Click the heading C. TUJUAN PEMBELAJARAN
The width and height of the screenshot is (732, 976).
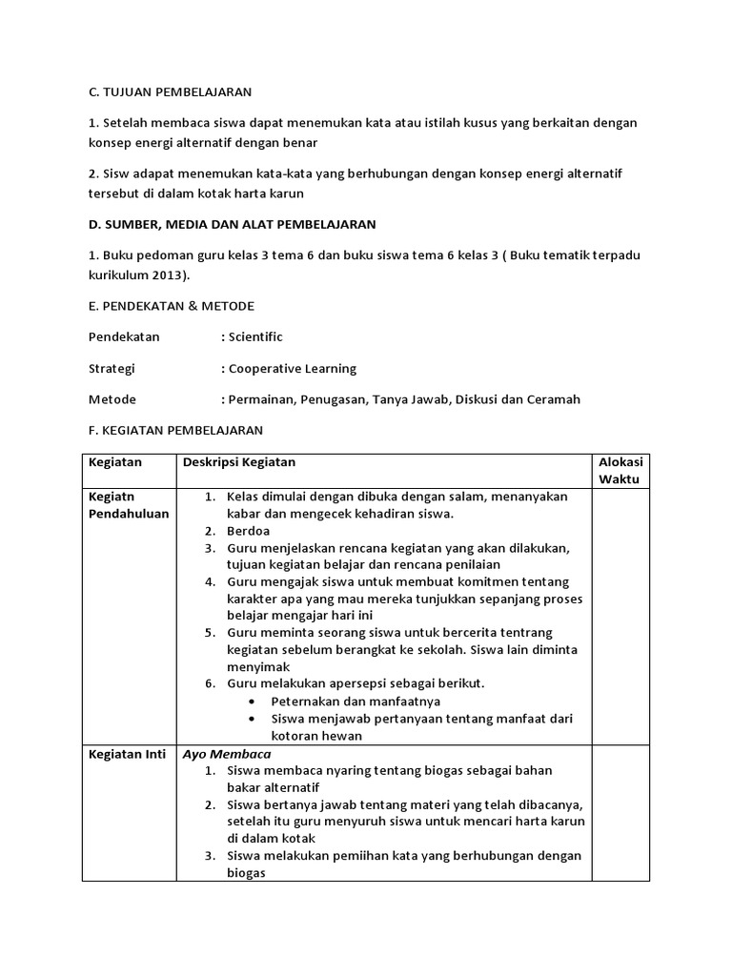(x=170, y=91)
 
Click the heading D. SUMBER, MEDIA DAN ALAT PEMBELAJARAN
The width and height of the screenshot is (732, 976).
(x=232, y=224)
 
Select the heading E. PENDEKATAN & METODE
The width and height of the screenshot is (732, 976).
(x=171, y=306)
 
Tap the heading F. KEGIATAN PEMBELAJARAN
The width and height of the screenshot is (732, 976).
(x=175, y=430)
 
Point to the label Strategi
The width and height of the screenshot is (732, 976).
(x=112, y=368)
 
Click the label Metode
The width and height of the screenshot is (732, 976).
(x=112, y=399)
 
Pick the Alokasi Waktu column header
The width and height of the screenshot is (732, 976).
(x=620, y=471)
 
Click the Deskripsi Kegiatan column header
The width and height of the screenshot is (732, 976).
(x=239, y=462)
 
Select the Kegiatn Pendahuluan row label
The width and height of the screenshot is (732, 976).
(x=128, y=505)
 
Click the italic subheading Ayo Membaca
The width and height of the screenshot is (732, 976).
(x=213, y=754)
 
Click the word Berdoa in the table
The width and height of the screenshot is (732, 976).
(x=249, y=531)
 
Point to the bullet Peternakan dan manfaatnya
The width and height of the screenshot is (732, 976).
(x=345, y=701)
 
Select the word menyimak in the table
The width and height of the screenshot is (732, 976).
(x=257, y=667)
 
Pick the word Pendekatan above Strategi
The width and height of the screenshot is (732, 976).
(x=124, y=337)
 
